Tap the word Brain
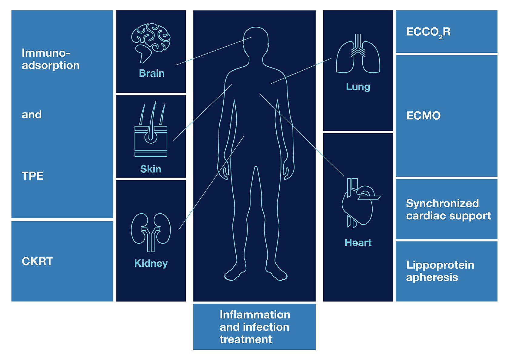tap(151, 73)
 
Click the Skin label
tap(151, 169)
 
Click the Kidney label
tap(151, 263)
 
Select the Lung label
tap(358, 87)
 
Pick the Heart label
tap(358, 242)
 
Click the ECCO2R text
tap(428, 32)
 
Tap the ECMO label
tap(423, 115)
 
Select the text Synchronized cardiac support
tap(448, 210)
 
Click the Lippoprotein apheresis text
tap(440, 271)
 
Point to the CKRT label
tap(37, 261)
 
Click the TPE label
tap(32, 176)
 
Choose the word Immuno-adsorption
tap(50, 59)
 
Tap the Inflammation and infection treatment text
tap(255, 327)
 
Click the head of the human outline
tap(256, 40)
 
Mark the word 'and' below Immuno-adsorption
tap(32, 115)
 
